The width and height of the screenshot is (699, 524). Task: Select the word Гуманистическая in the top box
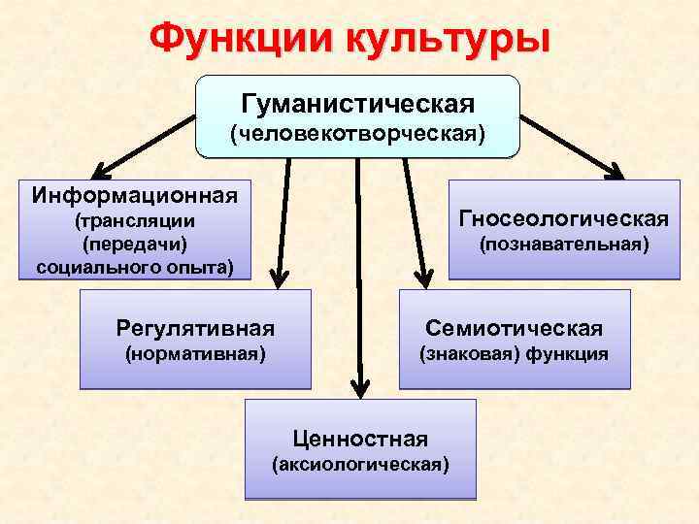(357, 102)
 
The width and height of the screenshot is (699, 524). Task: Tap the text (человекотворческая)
(357, 133)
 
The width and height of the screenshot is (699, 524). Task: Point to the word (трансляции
(135, 221)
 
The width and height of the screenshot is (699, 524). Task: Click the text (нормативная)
(195, 354)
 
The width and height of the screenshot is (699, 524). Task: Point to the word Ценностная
(360, 438)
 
